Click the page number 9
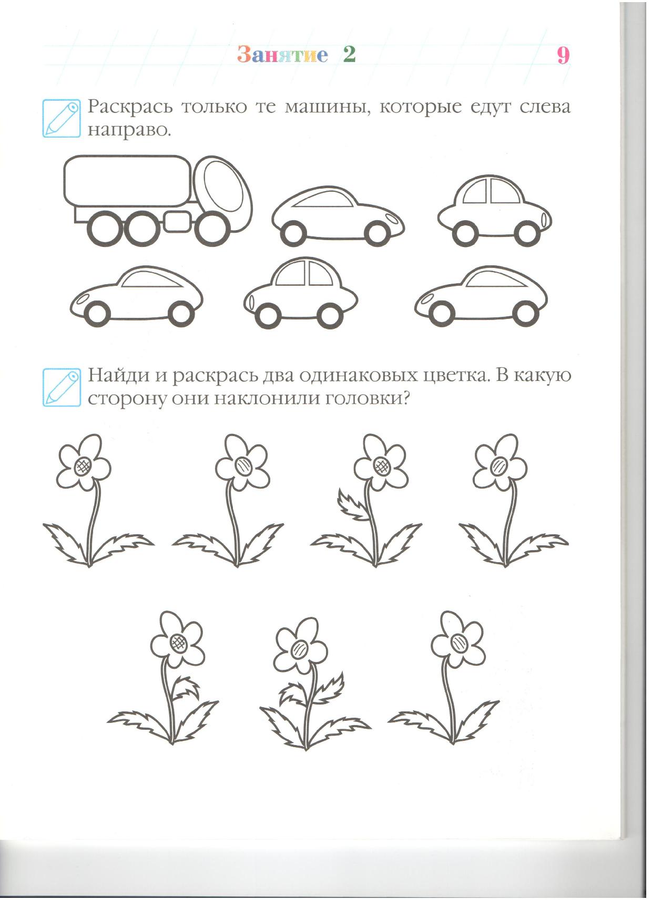coord(563,55)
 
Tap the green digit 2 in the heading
coord(349,54)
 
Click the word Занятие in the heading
coord(282,55)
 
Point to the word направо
coord(129,131)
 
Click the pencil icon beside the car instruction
coord(62,118)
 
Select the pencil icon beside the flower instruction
coord(62,387)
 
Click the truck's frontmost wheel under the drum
coord(213,228)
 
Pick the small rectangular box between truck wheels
coord(178,221)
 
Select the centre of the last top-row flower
coord(500,466)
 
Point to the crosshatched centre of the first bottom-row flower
coord(177,643)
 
